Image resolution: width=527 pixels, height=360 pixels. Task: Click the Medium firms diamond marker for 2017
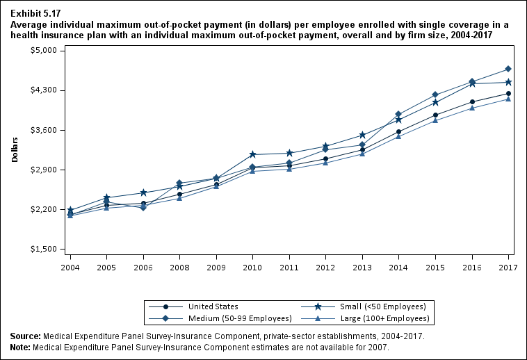508,69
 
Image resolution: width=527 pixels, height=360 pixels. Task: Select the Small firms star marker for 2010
252,154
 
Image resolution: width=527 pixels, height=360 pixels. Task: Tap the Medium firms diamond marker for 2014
398,114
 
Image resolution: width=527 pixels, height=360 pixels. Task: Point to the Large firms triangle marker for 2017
508,99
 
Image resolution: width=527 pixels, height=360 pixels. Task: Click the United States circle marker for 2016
472,102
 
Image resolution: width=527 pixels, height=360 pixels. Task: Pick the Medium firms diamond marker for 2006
143,207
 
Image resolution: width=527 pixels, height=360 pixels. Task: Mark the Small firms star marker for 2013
362,135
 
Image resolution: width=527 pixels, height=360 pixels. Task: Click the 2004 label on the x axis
70,266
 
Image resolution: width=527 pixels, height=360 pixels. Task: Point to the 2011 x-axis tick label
289,266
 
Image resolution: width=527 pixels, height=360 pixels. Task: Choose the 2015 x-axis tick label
435,266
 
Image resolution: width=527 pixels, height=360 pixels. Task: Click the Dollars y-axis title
15,149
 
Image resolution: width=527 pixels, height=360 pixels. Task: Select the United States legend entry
213,306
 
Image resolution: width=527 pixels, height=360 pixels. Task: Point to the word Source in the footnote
25,336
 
